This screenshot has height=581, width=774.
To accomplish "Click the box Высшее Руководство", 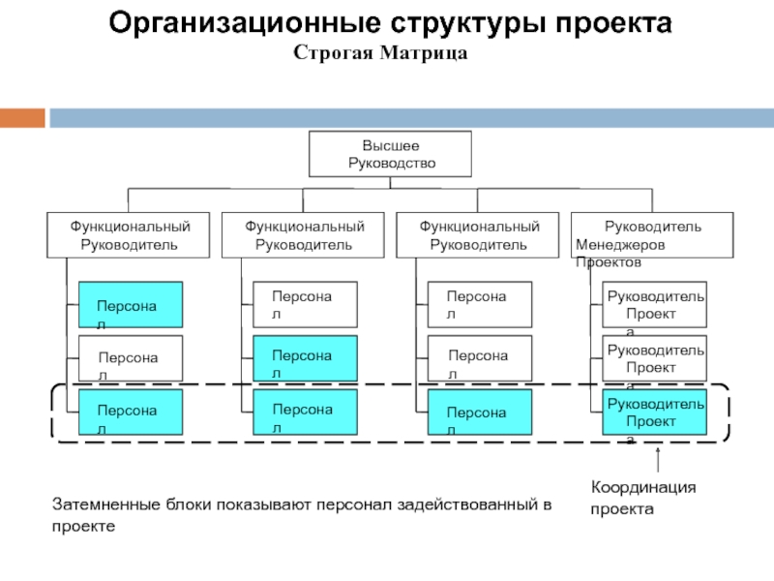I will (390, 154).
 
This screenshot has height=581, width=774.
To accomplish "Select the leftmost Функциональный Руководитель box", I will (129, 235).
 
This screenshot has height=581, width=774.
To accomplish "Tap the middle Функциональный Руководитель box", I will (303, 235).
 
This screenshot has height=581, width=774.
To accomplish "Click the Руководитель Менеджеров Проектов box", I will (652, 235).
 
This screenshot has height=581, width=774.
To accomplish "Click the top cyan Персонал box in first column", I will (130, 305).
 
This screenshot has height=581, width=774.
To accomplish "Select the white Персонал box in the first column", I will (130, 358).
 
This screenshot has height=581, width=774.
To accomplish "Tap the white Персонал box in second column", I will (305, 305).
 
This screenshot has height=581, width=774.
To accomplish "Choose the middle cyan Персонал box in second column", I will (305, 358).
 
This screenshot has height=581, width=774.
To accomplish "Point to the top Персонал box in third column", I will (479, 305).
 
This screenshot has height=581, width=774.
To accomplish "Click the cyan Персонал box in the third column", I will (479, 413).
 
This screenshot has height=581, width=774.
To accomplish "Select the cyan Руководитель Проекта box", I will (654, 412).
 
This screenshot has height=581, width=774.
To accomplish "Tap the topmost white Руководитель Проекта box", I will (654, 305).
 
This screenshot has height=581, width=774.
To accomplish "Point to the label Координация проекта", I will (643, 498).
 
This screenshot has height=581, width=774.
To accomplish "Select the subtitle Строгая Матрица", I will (380, 53).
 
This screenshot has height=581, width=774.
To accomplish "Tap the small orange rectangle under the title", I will (22, 117).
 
